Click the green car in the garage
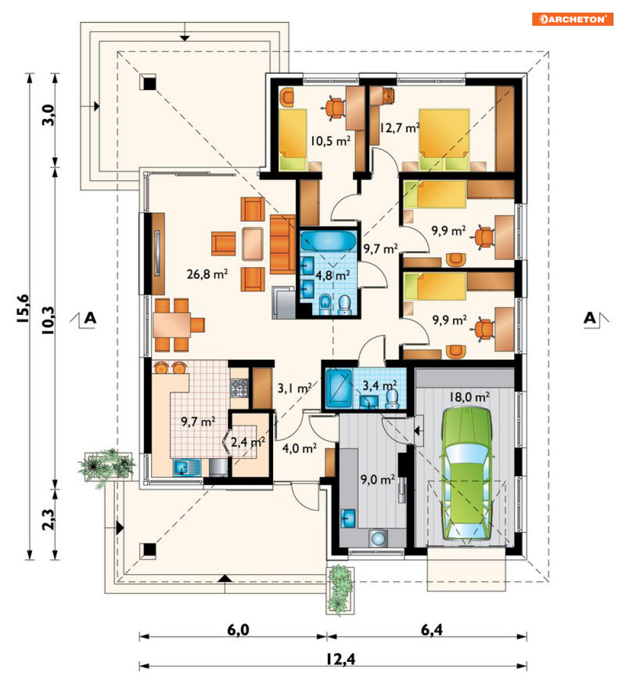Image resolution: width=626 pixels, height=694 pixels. click(466, 474)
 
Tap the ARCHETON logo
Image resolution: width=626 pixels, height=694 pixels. click(573, 19)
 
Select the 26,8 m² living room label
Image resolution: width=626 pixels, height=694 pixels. click(208, 274)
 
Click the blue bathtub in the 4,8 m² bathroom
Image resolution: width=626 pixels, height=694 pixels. click(328, 241)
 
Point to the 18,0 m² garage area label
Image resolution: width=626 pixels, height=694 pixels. click(469, 397)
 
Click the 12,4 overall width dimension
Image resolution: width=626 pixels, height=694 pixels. click(341, 659)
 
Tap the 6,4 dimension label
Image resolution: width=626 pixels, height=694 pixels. click(432, 630)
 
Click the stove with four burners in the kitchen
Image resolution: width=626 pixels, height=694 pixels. click(239, 388)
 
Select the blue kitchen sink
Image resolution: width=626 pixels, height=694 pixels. click(187, 467)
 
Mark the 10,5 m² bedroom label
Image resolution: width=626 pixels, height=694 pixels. click(330, 141)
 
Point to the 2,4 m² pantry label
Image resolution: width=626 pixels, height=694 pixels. click(248, 441)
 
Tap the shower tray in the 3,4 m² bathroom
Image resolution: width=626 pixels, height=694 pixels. click(339, 389)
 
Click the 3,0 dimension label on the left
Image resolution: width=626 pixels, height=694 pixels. click(48, 115)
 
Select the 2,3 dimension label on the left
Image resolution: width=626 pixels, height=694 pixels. click(48, 520)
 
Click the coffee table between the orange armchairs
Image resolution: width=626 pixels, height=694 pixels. click(253, 244)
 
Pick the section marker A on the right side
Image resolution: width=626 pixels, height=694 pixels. click(590, 318)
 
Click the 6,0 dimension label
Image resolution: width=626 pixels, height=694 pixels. click(238, 630)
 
